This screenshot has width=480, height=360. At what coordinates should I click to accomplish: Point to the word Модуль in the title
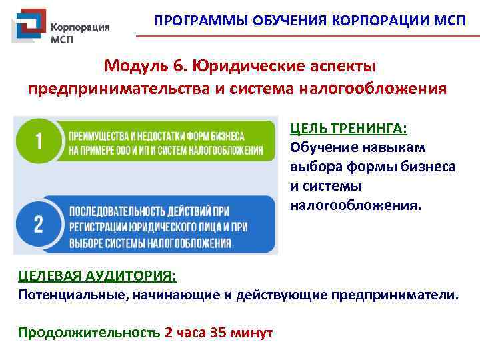136,67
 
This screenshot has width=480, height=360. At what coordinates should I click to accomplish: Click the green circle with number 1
37,141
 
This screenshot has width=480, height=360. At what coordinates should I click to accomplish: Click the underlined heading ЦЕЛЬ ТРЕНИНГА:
348,128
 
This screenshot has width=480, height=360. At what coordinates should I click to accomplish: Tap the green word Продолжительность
89,332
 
